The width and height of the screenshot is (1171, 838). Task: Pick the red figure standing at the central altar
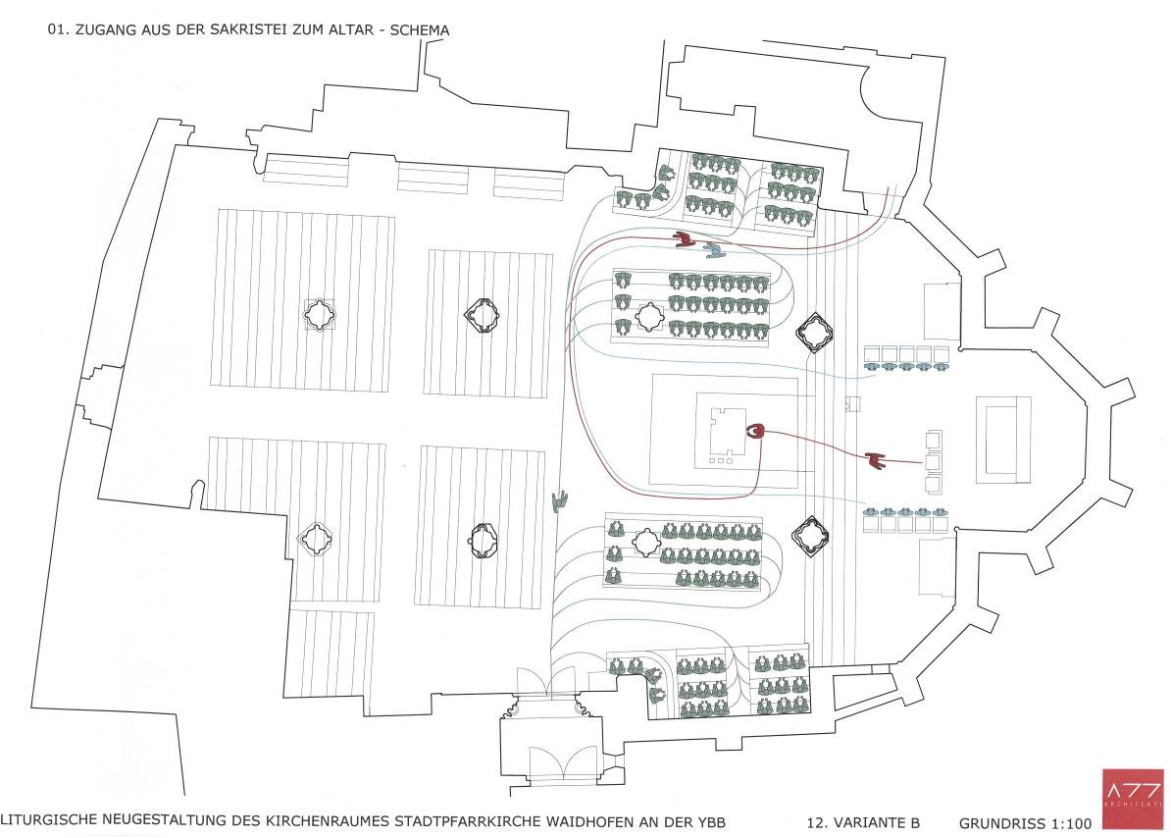pos(755,431)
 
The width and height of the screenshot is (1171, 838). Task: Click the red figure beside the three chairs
pos(876,459)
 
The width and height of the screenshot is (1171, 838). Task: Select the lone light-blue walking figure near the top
pos(716,251)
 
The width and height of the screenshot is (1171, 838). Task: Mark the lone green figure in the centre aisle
pos(560,502)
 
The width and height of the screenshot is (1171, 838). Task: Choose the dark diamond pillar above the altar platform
pos(812,334)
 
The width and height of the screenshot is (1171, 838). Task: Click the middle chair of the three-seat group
pos(934,460)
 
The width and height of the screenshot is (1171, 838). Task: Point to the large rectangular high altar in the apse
pos(1002,440)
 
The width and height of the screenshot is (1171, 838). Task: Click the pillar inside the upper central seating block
pos(648,316)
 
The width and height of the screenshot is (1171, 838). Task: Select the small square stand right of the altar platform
pos(852,403)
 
